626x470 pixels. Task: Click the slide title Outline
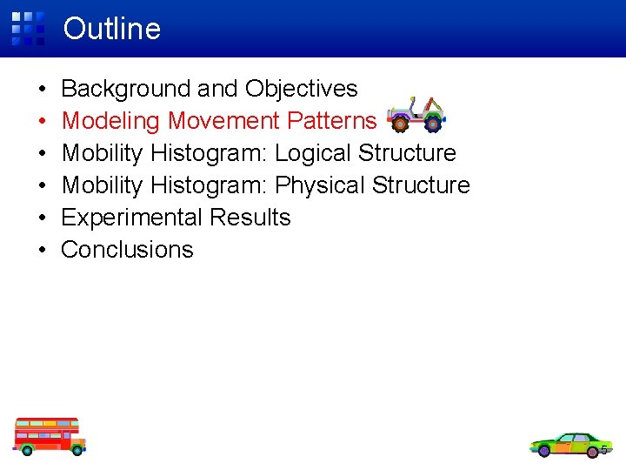coord(112,29)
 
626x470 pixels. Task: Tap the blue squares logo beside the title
coord(28,28)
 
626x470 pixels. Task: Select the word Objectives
coord(302,89)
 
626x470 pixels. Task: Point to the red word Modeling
coord(111,121)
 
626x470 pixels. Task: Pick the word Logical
coord(313,153)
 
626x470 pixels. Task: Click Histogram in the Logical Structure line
coord(209,153)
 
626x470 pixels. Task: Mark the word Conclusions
coord(127,250)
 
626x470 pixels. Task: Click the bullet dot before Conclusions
coord(42,251)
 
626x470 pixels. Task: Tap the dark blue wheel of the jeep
coord(433,123)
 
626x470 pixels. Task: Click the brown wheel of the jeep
coord(400,124)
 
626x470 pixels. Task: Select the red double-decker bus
coord(50,435)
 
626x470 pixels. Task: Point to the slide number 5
coord(603,450)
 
